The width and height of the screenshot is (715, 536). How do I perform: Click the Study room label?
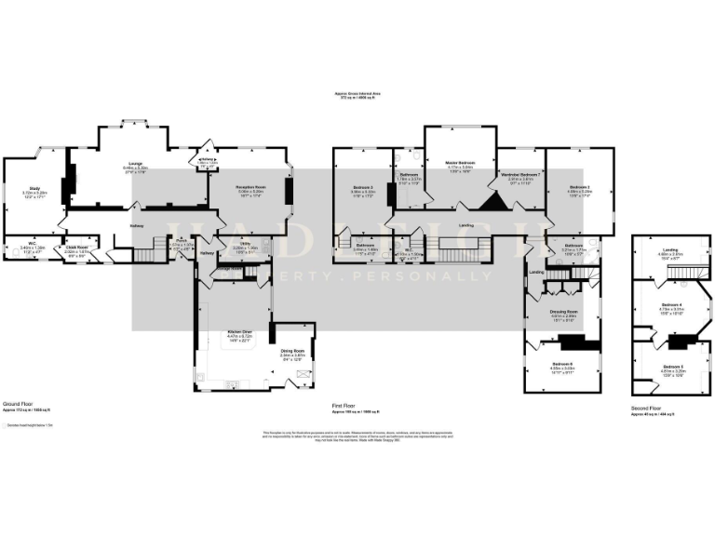click(34, 189)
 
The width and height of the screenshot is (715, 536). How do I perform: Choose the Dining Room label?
click(293, 351)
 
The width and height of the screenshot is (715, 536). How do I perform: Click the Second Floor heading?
click(646, 408)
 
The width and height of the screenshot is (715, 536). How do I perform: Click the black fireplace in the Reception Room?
click(290, 192)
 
